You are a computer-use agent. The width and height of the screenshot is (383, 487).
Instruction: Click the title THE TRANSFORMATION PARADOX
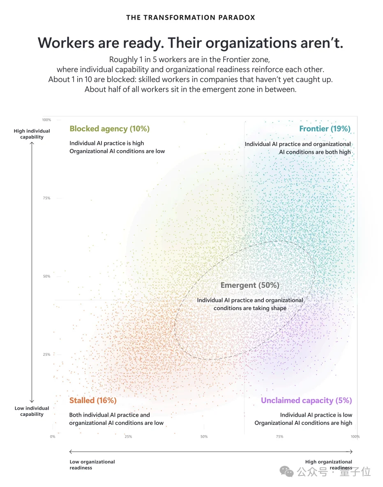coord(191,17)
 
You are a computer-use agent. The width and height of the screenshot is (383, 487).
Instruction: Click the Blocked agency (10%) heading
coord(110,129)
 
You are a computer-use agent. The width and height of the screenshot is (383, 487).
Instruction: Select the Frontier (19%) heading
coord(325,129)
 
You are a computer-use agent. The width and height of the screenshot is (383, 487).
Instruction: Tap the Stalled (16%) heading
coord(93,400)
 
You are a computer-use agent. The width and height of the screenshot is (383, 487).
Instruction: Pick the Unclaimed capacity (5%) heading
coord(306,400)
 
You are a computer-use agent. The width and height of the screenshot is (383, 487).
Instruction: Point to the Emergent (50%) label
coord(250,285)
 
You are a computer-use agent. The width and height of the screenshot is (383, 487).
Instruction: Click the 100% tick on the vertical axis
coord(46,120)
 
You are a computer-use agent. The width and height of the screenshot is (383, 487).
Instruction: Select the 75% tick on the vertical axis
coord(46,198)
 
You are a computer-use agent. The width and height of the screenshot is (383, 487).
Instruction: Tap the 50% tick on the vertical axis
coord(46,276)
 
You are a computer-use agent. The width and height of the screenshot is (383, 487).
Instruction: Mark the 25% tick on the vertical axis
coord(46,355)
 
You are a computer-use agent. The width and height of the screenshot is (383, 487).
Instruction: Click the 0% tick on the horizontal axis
coord(53,437)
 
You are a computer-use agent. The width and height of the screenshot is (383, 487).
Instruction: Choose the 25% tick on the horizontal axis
coord(128,437)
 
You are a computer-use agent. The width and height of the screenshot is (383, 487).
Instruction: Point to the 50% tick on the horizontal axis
coord(204,437)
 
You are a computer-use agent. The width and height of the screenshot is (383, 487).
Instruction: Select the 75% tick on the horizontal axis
coord(279,437)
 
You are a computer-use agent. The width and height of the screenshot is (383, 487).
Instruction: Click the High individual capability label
coord(32,134)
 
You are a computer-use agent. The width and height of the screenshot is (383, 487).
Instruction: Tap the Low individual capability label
coord(32,411)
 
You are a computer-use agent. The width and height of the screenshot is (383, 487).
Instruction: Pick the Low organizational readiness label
coord(92,465)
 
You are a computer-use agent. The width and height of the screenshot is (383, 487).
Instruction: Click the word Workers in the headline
coord(66,43)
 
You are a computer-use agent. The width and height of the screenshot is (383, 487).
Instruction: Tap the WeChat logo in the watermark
coord(286,472)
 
